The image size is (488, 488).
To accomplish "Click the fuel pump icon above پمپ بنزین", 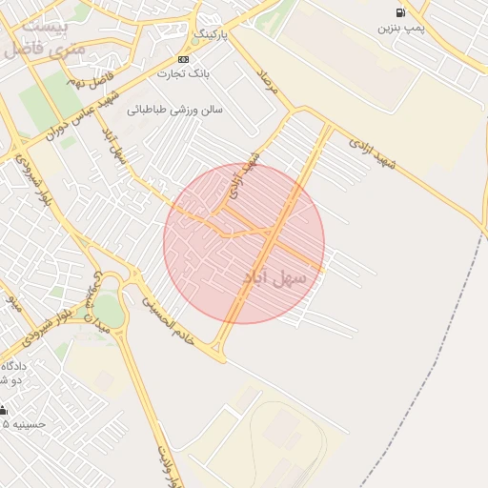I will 399,12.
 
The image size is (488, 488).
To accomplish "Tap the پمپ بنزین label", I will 399,29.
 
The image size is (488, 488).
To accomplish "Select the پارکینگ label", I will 212,34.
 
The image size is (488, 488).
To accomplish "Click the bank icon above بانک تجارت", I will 183,59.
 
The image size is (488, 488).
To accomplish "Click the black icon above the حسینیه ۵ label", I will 3,410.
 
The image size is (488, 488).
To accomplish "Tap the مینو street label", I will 13,305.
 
